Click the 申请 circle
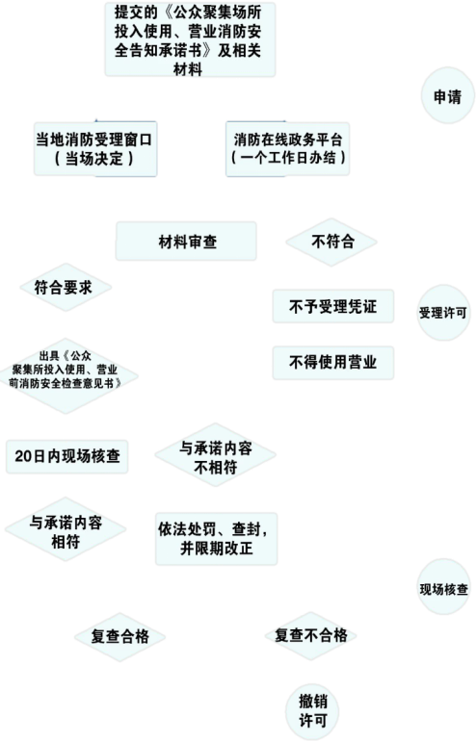pyautogui.click(x=447, y=95)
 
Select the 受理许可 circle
pyautogui.click(x=443, y=313)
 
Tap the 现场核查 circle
pyautogui.click(x=443, y=587)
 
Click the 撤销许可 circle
pyautogui.click(x=312, y=711)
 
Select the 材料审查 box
pyautogui.click(x=186, y=242)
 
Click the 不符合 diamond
pyautogui.click(x=331, y=242)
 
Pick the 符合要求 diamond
pyautogui.click(x=66, y=287)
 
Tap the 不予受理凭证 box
pyautogui.click(x=333, y=307)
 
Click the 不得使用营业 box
pyautogui.click(x=333, y=363)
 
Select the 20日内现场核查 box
pyautogui.click(x=66, y=456)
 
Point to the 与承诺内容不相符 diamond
pyautogui.click(x=216, y=455)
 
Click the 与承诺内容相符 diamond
pyautogui.click(x=66, y=529)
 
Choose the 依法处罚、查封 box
pyautogui.click(x=217, y=539)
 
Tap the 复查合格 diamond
pyautogui.click(x=119, y=637)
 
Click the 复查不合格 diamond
pyautogui.click(x=310, y=635)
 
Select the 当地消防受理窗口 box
pyautogui.click(x=95, y=149)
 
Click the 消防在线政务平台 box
pyautogui.click(x=287, y=149)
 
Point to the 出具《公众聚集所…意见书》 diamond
pyautogui.click(x=66, y=375)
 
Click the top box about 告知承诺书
pyautogui.click(x=190, y=39)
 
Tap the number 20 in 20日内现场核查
pyautogui.click(x=23, y=456)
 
